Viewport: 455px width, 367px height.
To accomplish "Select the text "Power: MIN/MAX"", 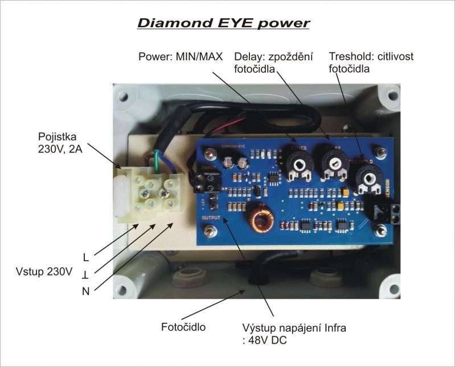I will pos(181,57).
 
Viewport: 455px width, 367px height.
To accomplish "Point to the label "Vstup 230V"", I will pos(44,272).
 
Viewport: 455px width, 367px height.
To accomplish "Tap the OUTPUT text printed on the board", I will pos(211,217).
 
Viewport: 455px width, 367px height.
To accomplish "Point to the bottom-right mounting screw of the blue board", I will pos(380,230).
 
